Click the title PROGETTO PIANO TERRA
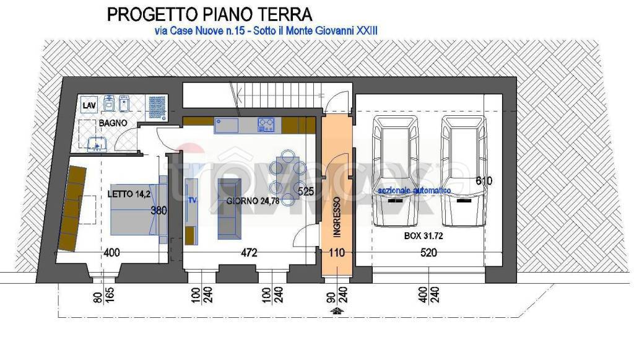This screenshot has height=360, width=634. point(209,14)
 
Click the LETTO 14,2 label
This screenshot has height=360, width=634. point(129,194)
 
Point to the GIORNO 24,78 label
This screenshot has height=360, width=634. point(250,201)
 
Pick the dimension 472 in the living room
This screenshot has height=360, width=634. point(248,253)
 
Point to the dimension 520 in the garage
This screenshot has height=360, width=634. point(428,253)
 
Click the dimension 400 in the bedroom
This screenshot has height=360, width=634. point(111,253)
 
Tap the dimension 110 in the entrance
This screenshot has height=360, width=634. point(337,253)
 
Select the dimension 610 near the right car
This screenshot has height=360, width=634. point(485,181)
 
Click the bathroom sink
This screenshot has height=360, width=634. point(97,145)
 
